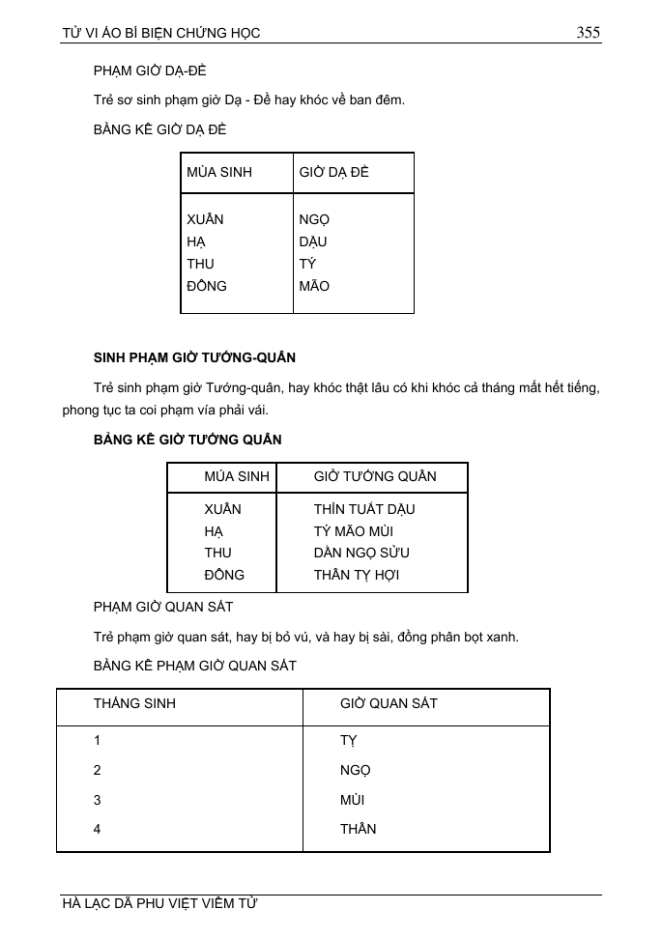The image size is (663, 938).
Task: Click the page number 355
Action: click(588, 33)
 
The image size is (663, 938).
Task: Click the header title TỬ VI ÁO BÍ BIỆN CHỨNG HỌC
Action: click(161, 34)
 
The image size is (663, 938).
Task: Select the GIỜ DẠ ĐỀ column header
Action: click(334, 172)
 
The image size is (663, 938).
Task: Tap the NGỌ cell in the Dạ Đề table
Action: click(314, 219)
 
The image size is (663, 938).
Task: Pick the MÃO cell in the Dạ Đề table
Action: click(314, 286)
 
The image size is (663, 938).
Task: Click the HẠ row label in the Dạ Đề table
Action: click(196, 242)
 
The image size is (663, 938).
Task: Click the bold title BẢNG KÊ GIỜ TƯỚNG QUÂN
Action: click(187, 440)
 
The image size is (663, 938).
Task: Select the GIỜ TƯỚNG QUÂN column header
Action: click(375, 476)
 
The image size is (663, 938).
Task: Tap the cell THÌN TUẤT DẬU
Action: click(364, 509)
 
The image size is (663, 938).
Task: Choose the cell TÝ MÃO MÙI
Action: click(353, 531)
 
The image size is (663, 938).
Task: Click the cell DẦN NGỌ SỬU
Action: click(361, 553)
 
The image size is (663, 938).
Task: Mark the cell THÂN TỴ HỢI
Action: click(357, 575)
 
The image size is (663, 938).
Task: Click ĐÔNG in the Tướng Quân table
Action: click(224, 575)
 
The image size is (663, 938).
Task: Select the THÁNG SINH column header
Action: click(134, 703)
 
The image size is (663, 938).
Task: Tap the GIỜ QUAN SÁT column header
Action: click(389, 703)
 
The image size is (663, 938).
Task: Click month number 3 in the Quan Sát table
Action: click(98, 800)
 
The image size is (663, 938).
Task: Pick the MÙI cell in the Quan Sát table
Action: click(352, 800)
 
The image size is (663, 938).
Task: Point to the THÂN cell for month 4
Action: click(358, 829)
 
